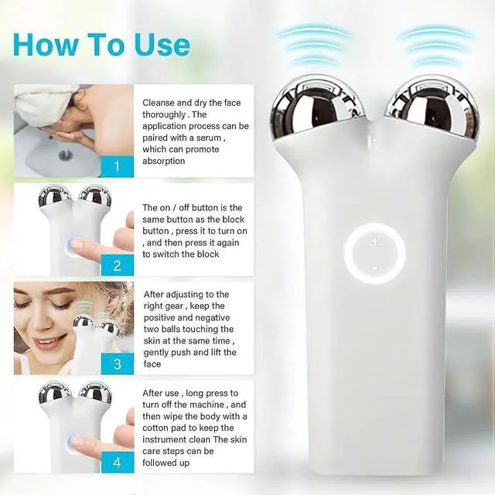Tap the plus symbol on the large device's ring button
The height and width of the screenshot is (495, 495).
[375, 242]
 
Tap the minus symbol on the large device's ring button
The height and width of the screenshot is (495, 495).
[375, 268]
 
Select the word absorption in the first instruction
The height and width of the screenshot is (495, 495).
[164, 161]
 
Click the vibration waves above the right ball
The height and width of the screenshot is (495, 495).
[436, 43]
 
